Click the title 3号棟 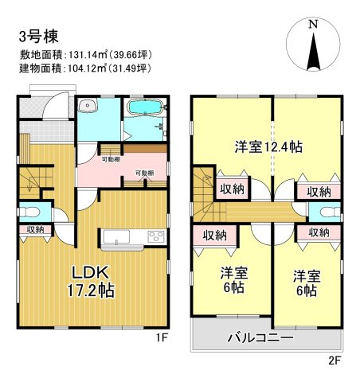[37, 36]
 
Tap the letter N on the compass [313, 24]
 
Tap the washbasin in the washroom [89, 109]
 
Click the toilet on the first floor [29, 212]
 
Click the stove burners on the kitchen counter [155, 236]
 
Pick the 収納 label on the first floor [35, 231]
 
